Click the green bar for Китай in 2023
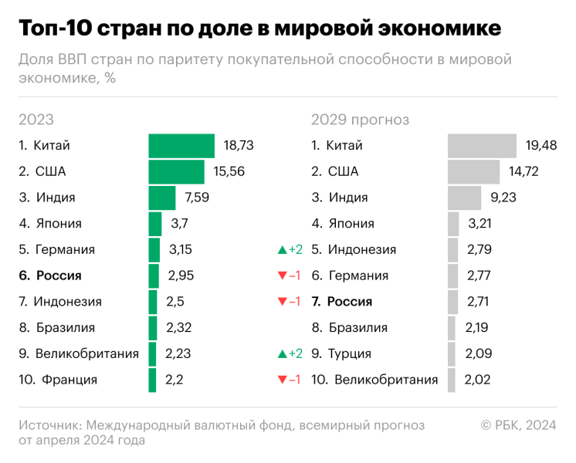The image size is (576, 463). [x=181, y=145]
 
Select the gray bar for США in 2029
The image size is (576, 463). [x=473, y=171]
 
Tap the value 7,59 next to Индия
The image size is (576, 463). [x=197, y=198]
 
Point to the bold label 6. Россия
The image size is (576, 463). [x=50, y=275]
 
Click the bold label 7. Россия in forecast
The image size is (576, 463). [x=341, y=302]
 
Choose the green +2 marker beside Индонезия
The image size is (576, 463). [x=290, y=250]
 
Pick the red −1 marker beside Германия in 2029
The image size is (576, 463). [x=290, y=275]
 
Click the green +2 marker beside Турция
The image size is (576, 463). [x=290, y=354]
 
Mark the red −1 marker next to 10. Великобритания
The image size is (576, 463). [x=290, y=380]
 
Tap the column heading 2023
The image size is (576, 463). [x=36, y=120]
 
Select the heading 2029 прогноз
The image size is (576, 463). [x=360, y=120]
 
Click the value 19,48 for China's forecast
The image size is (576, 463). [x=541, y=145]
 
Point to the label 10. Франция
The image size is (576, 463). [x=58, y=380]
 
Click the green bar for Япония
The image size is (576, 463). [x=155, y=224]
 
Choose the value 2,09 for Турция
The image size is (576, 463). [x=479, y=354]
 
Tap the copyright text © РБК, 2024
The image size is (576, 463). [x=518, y=425]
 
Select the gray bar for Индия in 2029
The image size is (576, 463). [x=464, y=198]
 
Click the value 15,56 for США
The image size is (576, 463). [x=229, y=171]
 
